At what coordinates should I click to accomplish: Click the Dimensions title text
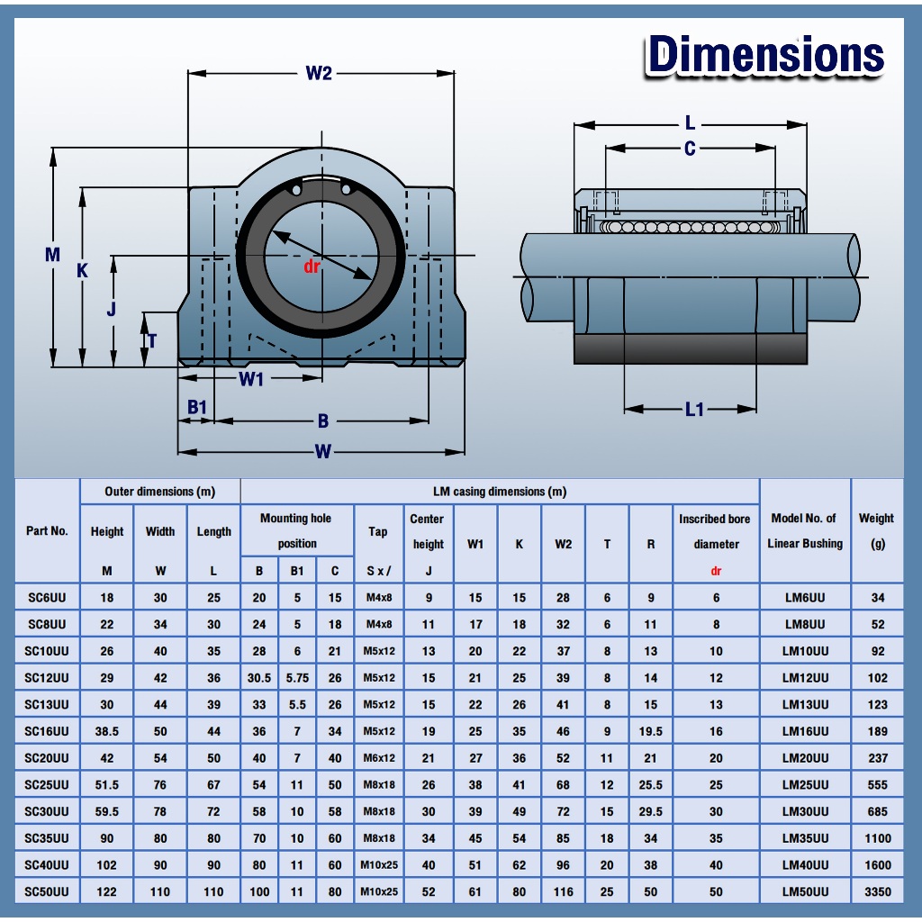click(765, 55)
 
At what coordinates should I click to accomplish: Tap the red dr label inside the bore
click(312, 267)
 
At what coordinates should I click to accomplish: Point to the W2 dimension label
click(319, 73)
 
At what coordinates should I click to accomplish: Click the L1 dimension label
click(694, 410)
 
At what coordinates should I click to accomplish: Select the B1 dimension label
click(197, 407)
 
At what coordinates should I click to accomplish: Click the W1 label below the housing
click(251, 379)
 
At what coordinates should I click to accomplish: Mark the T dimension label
click(152, 341)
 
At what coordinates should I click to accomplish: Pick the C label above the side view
click(690, 149)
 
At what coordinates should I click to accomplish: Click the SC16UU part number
click(47, 731)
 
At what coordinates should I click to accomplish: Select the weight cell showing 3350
click(877, 892)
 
